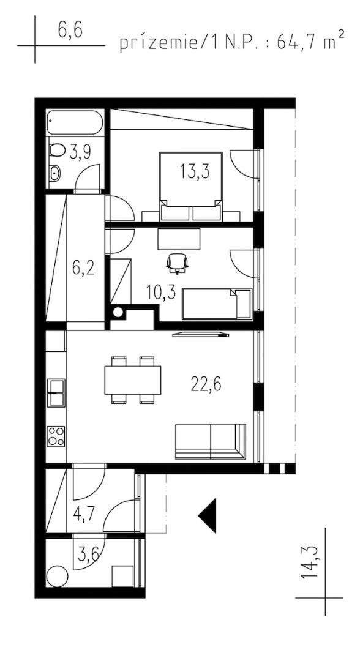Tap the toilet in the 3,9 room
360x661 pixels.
point(56,150)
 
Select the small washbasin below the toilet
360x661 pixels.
point(56,173)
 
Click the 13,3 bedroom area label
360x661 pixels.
point(195,171)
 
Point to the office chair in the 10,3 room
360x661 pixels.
point(177,263)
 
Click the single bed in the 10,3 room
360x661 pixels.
point(217,304)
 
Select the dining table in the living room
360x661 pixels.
point(133,380)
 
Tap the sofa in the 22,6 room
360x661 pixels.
point(211,441)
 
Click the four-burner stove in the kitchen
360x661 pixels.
point(56,437)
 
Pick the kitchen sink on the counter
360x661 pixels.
point(56,392)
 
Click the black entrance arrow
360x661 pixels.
point(208,515)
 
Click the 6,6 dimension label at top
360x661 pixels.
point(70,32)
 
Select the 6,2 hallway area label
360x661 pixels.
point(83,268)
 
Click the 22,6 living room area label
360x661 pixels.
point(206,384)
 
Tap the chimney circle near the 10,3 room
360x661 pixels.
point(118,312)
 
